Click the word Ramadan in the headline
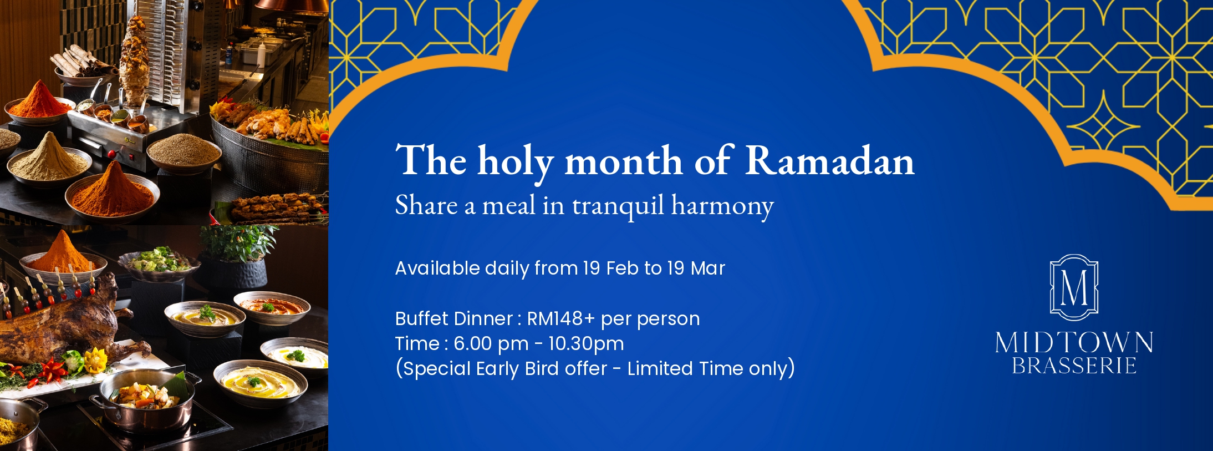(829, 160)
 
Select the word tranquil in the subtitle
(618, 206)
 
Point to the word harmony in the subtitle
(722, 206)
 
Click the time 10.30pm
(586, 344)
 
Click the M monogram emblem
(1074, 287)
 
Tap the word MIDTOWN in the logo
(1074, 343)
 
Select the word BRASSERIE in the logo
(1074, 366)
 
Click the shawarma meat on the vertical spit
(135, 61)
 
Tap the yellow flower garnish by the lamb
(95, 361)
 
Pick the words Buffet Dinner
(453, 318)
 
